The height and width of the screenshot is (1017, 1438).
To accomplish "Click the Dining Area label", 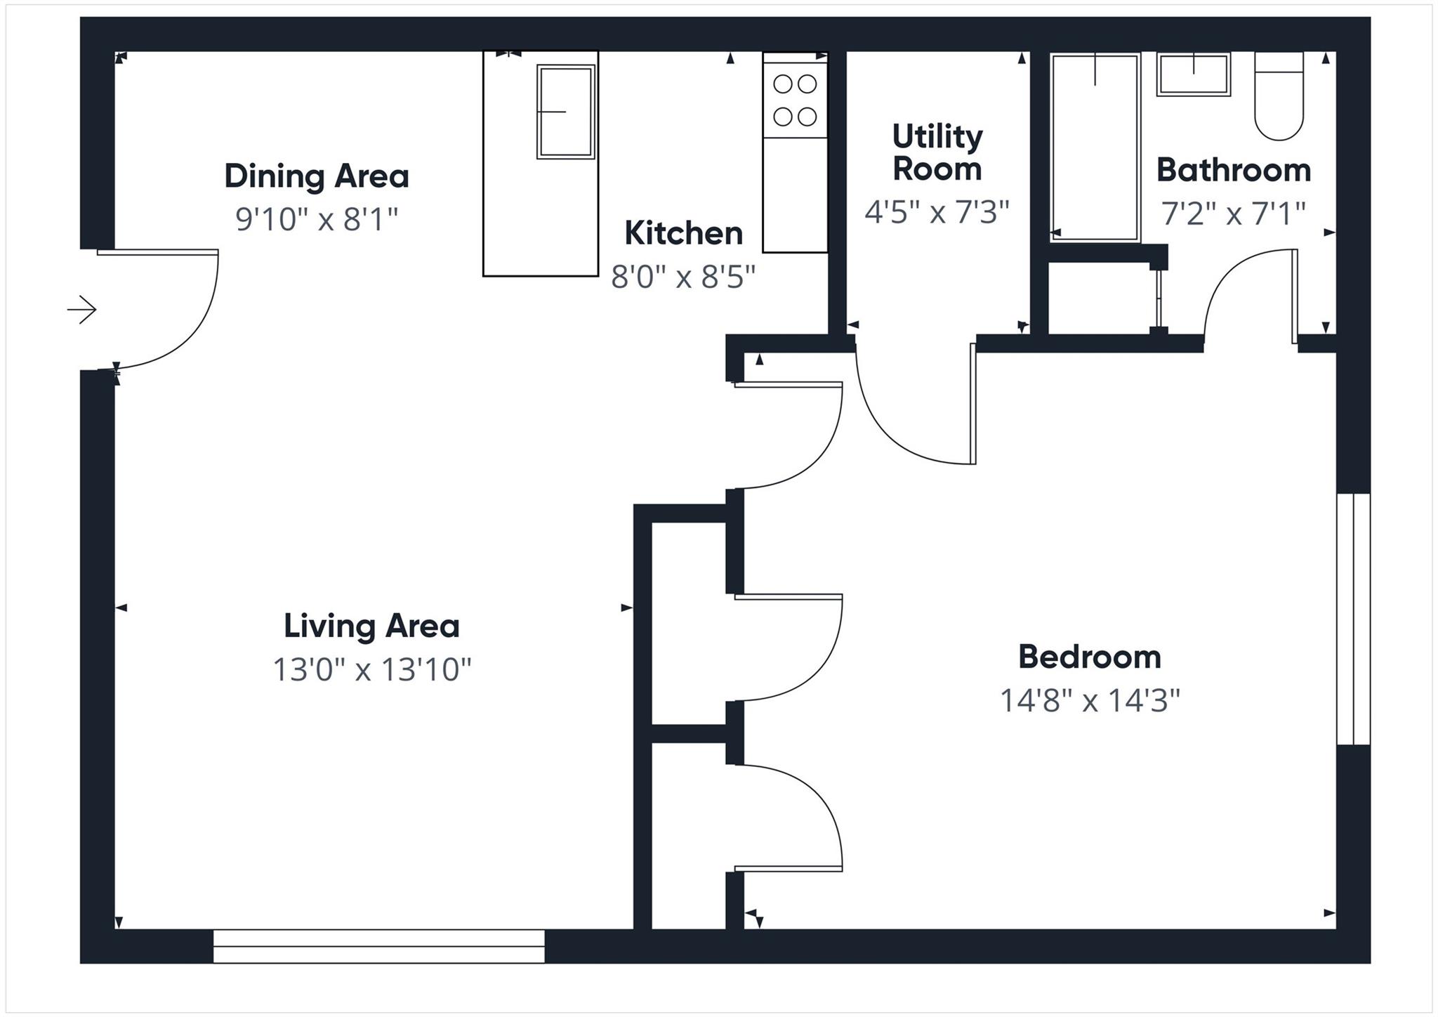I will tap(316, 176).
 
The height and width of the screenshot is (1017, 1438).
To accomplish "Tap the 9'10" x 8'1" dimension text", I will tap(316, 220).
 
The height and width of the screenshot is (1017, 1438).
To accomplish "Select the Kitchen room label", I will tap(683, 233).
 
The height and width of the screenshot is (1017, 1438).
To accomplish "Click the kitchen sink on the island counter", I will tap(566, 111).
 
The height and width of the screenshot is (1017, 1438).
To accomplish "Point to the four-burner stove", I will tap(795, 100).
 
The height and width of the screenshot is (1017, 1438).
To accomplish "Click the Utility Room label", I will tap(937, 152).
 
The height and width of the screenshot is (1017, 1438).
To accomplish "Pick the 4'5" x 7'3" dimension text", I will tap(937, 211).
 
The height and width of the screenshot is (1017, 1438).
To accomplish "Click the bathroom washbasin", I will tap(1194, 74).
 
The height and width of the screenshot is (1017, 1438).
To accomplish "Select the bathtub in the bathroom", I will tap(1094, 147).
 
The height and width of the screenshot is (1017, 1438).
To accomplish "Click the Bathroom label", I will tap(1233, 170).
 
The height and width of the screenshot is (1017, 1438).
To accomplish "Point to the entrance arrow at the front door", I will tap(82, 309).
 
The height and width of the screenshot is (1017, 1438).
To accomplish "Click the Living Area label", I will tap(371, 626).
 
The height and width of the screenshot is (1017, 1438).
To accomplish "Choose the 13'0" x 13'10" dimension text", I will tap(371, 669).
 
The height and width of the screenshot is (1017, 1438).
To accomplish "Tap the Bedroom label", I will tap(1089, 657).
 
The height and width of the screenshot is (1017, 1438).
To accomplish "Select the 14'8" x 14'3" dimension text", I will tap(1089, 700).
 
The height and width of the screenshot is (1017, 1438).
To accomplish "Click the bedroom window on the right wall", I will tap(1352, 619).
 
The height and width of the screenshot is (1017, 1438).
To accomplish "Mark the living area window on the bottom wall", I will tap(378, 945).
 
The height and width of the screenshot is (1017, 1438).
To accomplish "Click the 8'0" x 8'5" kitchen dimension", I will tap(683, 277).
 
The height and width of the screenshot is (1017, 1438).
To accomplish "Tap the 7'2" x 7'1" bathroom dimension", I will tap(1233, 214).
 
